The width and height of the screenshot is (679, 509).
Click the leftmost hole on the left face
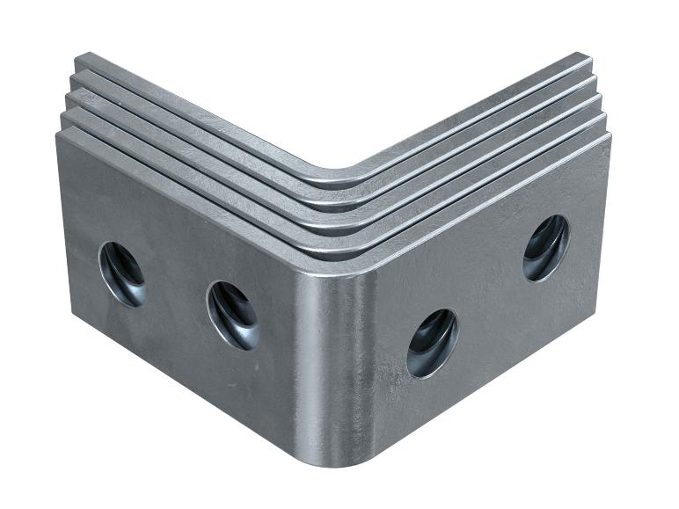(x=122, y=273)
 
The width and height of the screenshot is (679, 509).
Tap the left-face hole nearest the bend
(x=233, y=315)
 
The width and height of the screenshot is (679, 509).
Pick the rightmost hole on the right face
(x=545, y=248)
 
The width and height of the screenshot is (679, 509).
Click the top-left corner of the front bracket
(x=59, y=135)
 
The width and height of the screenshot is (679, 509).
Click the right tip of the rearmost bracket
(x=587, y=58)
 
